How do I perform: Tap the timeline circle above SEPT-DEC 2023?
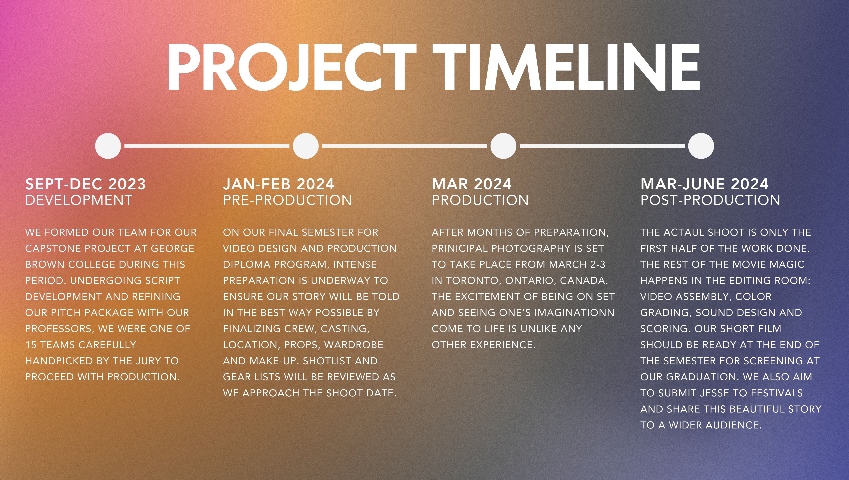(108, 146)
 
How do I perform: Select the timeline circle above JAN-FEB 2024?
(306, 146)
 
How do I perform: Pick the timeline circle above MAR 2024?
(503, 146)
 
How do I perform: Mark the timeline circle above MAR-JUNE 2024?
(701, 146)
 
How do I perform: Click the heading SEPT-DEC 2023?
(85, 184)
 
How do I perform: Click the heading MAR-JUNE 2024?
(704, 184)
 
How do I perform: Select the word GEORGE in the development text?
(173, 248)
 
